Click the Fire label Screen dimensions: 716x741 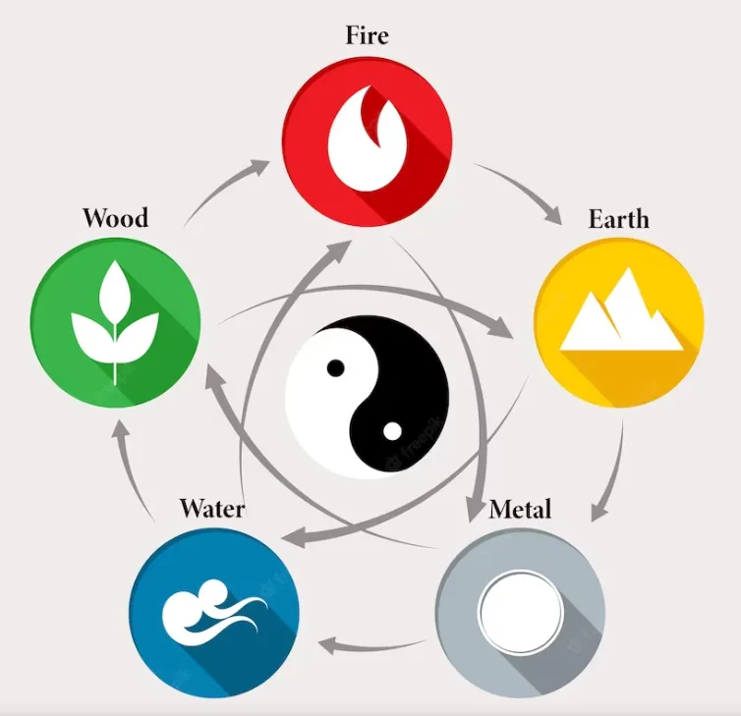[x=367, y=37]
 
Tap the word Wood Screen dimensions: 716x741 [x=115, y=217]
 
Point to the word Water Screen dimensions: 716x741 [x=211, y=509]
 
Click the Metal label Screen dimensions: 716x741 [x=520, y=510]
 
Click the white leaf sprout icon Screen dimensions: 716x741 [x=116, y=314]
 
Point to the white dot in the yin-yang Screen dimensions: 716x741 [x=391, y=429]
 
